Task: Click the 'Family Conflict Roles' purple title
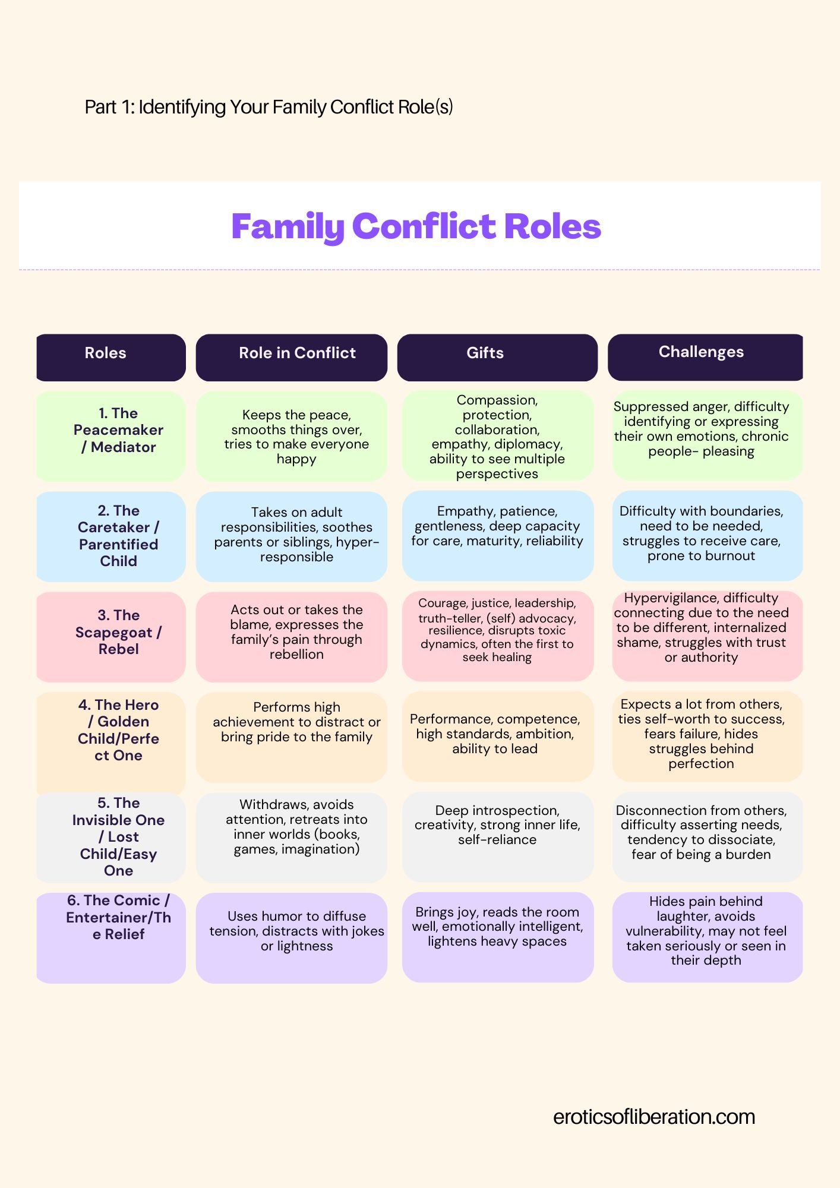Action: pyautogui.click(x=416, y=226)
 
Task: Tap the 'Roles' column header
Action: pyautogui.click(x=106, y=353)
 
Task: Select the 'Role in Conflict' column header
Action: pyautogui.click(x=297, y=353)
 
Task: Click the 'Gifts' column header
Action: pyautogui.click(x=485, y=353)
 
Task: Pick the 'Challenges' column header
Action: pyautogui.click(x=701, y=352)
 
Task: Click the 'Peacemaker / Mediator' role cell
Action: pyautogui.click(x=118, y=431)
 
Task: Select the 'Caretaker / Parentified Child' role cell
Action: pyautogui.click(x=118, y=536)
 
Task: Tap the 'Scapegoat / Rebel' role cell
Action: pyautogui.click(x=118, y=633)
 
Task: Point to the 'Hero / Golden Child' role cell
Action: pyautogui.click(x=118, y=731)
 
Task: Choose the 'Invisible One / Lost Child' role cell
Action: pyautogui.click(x=118, y=836)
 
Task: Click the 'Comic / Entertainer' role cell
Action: pyautogui.click(x=118, y=918)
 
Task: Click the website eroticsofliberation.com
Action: pyautogui.click(x=654, y=1117)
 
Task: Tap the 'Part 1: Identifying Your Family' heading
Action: pyautogui.click(x=269, y=108)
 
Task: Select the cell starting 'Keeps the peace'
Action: pyautogui.click(x=296, y=437)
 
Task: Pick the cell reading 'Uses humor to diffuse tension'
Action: pyautogui.click(x=296, y=931)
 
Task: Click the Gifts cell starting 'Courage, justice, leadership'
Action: pyautogui.click(x=497, y=630)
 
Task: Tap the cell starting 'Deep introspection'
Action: pyautogui.click(x=497, y=825)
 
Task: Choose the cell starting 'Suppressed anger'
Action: pyautogui.click(x=701, y=429)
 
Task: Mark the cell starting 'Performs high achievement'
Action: pyautogui.click(x=296, y=722)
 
